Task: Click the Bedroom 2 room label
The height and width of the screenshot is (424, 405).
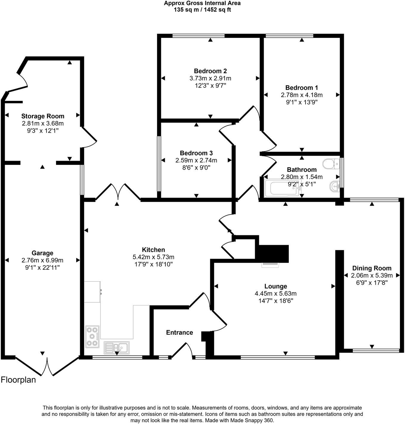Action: pos(210,71)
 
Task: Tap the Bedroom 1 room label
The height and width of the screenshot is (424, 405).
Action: pos(302,88)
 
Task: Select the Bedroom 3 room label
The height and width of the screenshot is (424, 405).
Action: pos(196,153)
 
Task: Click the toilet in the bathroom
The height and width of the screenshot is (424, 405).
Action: pos(331,164)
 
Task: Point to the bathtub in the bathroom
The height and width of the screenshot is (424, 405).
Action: pos(282,188)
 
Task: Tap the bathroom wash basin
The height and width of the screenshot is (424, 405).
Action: pos(335,187)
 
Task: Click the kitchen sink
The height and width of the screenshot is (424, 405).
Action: pos(117,348)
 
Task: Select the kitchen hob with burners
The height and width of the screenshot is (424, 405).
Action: pos(92,337)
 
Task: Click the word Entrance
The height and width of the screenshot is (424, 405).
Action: pos(179,333)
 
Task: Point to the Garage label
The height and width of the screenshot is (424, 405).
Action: pos(42,253)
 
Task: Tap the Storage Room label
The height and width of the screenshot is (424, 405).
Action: pos(43,116)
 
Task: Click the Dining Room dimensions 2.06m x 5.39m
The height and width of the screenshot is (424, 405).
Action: pos(372,276)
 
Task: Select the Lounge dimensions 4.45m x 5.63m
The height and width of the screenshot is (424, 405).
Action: pos(276,294)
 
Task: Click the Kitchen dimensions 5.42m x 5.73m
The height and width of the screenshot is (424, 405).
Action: pos(153,257)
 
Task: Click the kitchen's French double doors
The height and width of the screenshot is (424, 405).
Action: pos(118,192)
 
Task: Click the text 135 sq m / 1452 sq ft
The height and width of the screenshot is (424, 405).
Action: pos(202,10)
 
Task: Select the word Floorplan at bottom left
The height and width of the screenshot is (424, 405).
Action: pos(18,380)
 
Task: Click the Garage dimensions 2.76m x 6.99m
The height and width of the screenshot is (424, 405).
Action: pos(42,260)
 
